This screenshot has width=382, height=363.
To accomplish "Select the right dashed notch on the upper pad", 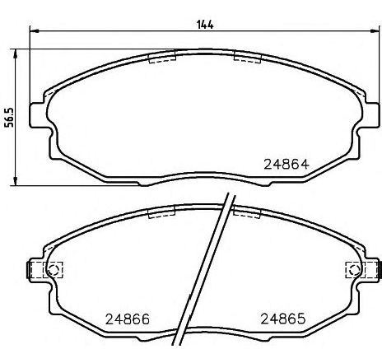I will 247,57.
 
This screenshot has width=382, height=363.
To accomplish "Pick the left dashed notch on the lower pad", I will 161,212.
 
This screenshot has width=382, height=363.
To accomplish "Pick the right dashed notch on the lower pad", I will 247,212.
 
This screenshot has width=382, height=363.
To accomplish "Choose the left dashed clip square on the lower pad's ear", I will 39,269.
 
